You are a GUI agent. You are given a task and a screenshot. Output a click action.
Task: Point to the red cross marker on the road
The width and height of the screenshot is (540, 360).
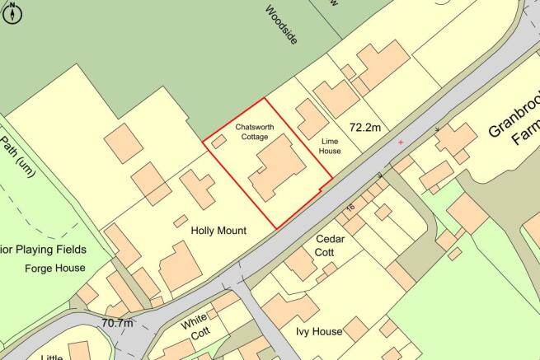[401, 143]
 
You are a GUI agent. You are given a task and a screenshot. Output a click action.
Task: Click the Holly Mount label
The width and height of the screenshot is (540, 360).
[218, 231]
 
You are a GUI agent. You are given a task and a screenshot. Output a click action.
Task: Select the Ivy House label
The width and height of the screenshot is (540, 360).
[319, 331]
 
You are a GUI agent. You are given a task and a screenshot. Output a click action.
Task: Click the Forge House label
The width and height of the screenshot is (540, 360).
[55, 268]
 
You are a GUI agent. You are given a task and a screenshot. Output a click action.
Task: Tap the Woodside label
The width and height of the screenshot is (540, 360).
[281, 24]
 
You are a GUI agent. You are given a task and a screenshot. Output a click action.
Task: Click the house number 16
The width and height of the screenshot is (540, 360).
[350, 208]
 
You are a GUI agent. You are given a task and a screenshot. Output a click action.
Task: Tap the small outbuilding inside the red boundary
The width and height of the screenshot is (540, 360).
[218, 142]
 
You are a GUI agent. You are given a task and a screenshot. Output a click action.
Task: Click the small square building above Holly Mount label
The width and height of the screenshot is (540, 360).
[179, 221]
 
